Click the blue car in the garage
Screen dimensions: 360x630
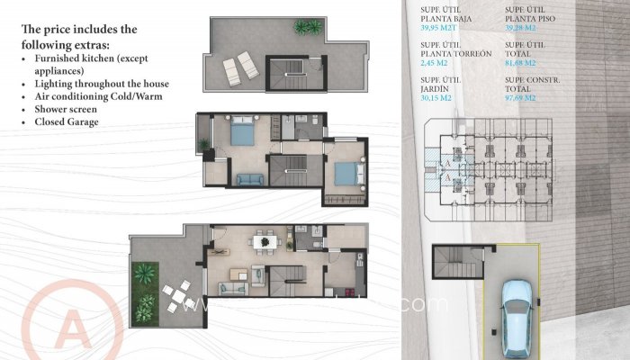517,308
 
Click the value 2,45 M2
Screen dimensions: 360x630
434,63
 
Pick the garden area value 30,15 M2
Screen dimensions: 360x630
436,98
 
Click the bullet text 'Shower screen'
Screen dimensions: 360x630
65,109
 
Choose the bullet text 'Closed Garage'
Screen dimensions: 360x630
65,121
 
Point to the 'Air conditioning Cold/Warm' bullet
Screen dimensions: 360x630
96,96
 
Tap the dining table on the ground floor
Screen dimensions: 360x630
265,241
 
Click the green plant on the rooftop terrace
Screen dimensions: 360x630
307,27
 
